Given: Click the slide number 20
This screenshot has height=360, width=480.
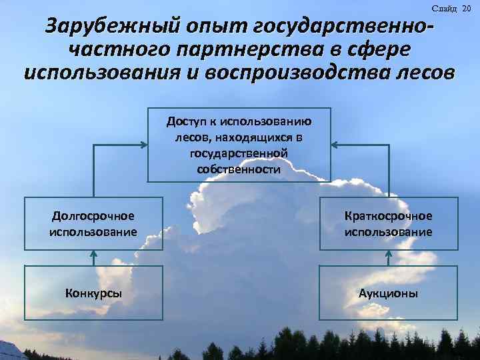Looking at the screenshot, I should pyautogui.click(x=466, y=7).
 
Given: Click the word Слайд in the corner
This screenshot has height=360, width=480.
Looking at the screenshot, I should pyautogui.click(x=444, y=7).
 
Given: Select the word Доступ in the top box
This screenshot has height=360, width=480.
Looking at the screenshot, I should pyautogui.click(x=186, y=121).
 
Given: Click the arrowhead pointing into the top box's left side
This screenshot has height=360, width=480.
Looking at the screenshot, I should pyautogui.click(x=143, y=144).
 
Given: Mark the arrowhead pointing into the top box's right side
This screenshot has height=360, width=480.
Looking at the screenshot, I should pyautogui.click(x=335, y=144).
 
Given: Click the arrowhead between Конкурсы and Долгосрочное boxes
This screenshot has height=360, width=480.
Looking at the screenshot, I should pyautogui.click(x=93, y=253).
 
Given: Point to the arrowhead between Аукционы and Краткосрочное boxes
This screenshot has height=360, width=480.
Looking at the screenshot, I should pyautogui.click(x=388, y=253).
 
